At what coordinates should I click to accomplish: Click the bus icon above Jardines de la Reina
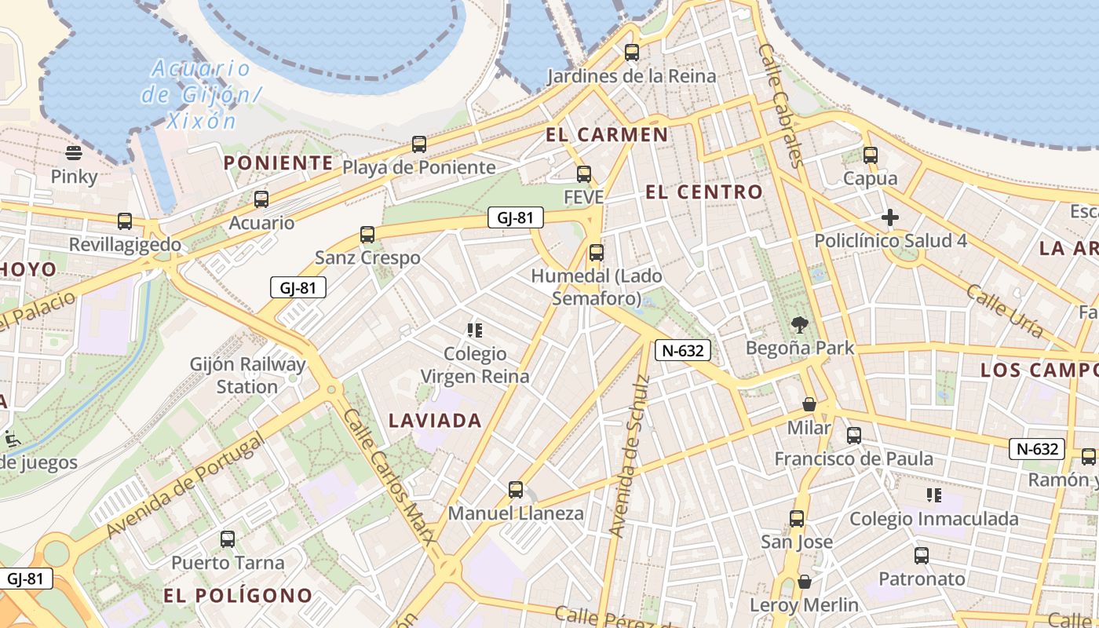coord(631,53)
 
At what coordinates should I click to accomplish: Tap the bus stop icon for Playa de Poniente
coord(419,144)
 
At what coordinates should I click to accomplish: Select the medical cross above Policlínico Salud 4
coord(890,217)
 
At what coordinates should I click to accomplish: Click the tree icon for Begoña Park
coord(800,324)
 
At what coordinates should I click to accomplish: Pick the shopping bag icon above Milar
coord(809,404)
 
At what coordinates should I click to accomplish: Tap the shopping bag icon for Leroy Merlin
coord(805,582)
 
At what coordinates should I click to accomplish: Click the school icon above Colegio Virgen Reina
coord(475,330)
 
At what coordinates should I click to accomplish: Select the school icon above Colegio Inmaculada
coord(934,495)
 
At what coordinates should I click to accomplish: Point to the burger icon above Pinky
coord(74,152)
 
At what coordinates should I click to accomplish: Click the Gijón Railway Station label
coord(248,375)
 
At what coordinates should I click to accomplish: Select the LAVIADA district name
coord(435,421)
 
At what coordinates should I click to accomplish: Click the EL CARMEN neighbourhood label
coord(607,135)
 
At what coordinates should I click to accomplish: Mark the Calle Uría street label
coord(1004,311)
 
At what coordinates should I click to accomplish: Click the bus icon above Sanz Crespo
coord(367,234)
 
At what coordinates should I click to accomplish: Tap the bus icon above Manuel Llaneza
coord(516,490)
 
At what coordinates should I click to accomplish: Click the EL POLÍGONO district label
coord(238,595)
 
